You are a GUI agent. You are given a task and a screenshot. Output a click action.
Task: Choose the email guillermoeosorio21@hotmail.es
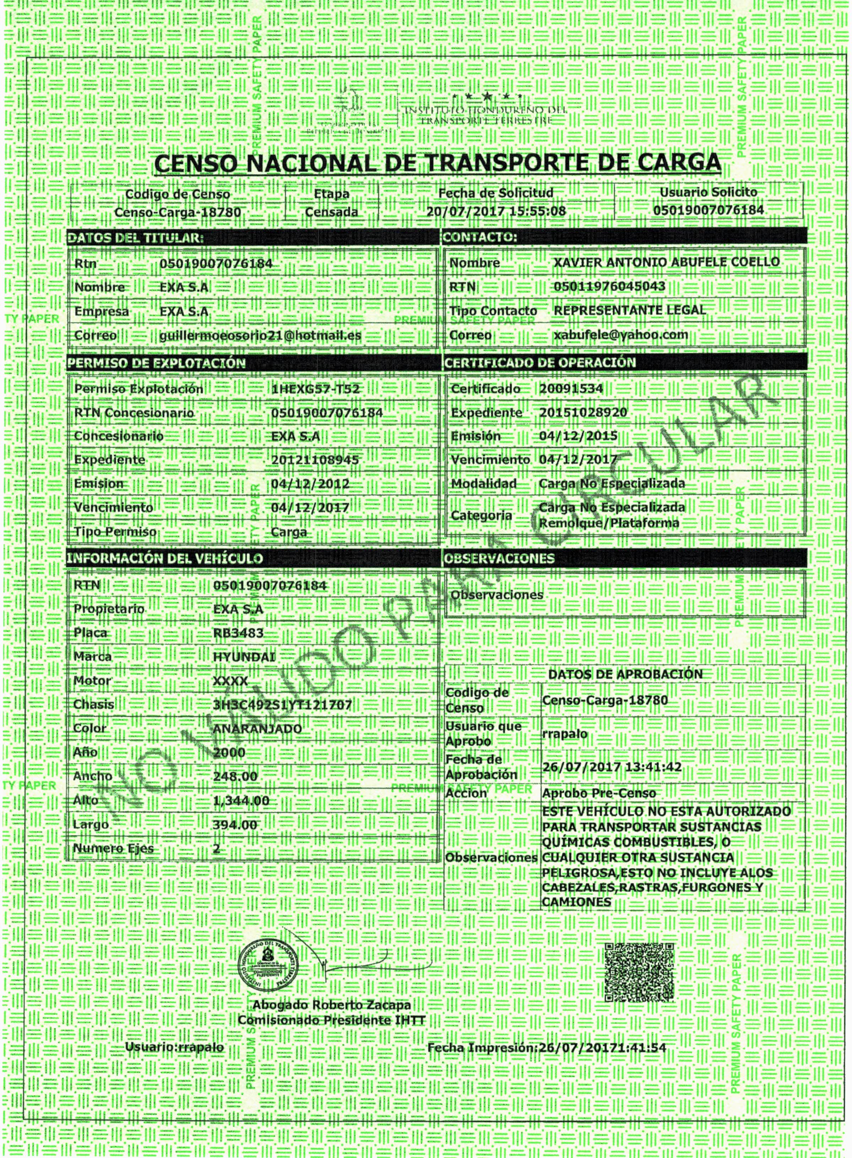coord(260,335)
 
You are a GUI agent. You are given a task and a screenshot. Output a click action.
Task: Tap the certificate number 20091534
coord(571,389)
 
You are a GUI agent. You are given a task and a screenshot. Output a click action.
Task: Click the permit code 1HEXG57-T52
coord(315,389)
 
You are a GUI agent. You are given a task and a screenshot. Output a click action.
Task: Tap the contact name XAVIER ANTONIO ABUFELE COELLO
coord(666,262)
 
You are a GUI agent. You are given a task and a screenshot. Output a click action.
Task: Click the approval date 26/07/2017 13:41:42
coord(612,767)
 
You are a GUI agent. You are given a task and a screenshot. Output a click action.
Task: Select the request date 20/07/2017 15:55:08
coord(496,211)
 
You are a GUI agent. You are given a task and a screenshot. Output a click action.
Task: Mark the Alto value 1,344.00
coord(241,801)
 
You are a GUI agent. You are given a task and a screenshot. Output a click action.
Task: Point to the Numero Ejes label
coord(113,849)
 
